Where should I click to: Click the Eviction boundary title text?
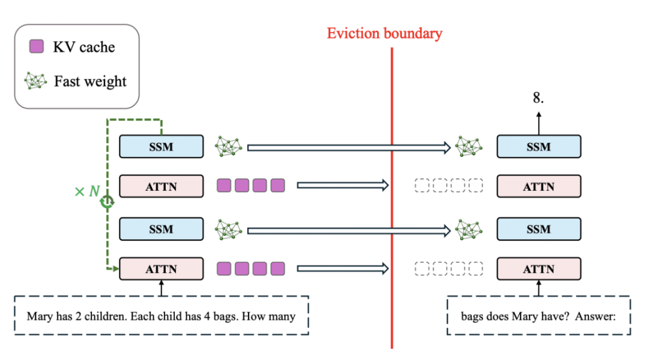pos(384,33)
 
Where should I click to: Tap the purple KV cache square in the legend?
pos(37,46)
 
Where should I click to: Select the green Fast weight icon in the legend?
pos(36,81)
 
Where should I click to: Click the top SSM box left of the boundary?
pos(161,147)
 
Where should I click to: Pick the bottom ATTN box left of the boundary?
pos(161,269)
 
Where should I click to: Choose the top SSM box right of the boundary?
pos(539,147)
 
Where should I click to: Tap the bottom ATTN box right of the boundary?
pos(539,269)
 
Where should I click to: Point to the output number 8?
pos(538,98)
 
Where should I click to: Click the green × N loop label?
pos(87,191)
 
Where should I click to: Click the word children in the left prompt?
pos(105,317)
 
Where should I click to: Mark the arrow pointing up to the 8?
pos(539,123)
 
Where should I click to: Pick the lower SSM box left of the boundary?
pos(161,229)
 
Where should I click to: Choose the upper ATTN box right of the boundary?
pos(539,186)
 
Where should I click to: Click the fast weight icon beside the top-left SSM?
pos(228,147)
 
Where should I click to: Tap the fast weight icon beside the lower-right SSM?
pos(469,230)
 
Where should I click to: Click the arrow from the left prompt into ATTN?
pos(161,288)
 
